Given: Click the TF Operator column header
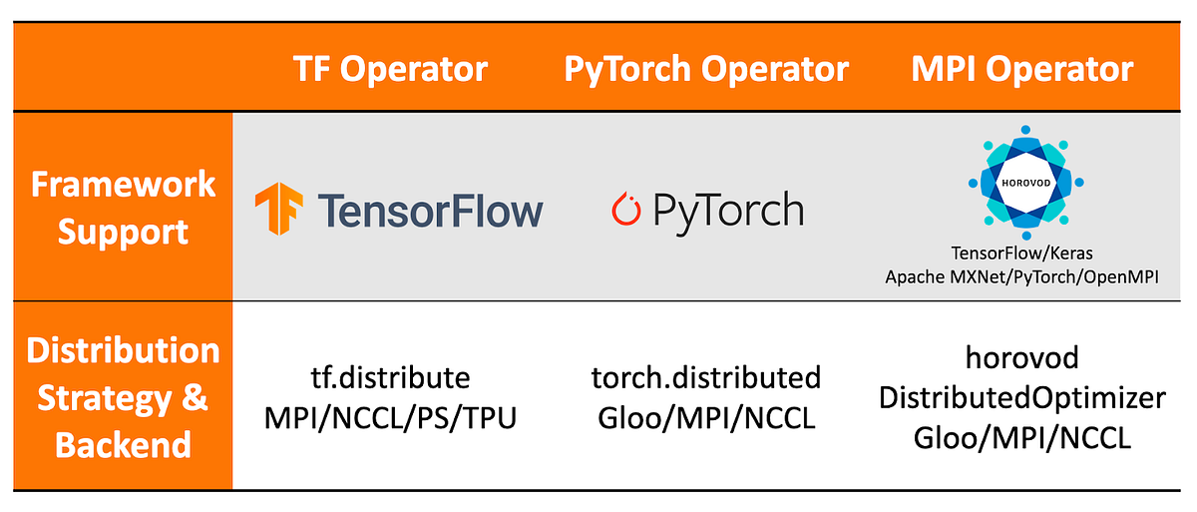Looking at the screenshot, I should tap(390, 69).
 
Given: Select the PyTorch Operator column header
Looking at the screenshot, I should tap(706, 69).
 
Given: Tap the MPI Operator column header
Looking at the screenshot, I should tap(1022, 69).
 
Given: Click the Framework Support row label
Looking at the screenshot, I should tap(123, 208).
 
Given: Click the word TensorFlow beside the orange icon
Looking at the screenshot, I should tap(430, 211).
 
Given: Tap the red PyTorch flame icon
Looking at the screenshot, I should tap(625, 210).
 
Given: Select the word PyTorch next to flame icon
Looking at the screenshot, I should tap(727, 211).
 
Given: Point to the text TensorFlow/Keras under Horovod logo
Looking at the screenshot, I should tap(1021, 255).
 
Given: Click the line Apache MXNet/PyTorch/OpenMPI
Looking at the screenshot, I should tap(1021, 276).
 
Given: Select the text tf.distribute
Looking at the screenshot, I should tap(390, 378).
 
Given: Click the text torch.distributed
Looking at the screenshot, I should tap(706, 378).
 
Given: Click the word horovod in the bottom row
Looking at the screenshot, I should tap(1021, 357).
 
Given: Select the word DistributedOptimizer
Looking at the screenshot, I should tap(1021, 398).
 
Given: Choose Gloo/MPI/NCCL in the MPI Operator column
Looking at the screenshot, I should tap(1021, 438).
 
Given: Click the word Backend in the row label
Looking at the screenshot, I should tap(123, 444).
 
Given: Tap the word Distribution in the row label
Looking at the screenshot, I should tap(123, 351).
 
